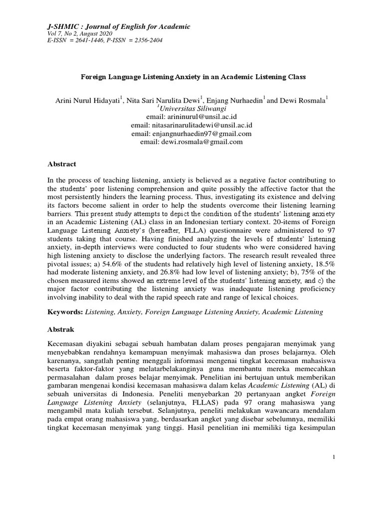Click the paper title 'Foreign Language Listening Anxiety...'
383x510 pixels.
pos(193,77)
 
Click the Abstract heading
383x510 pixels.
pos(62,163)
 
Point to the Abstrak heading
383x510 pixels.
pos(61,329)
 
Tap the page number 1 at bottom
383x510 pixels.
pos(334,472)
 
